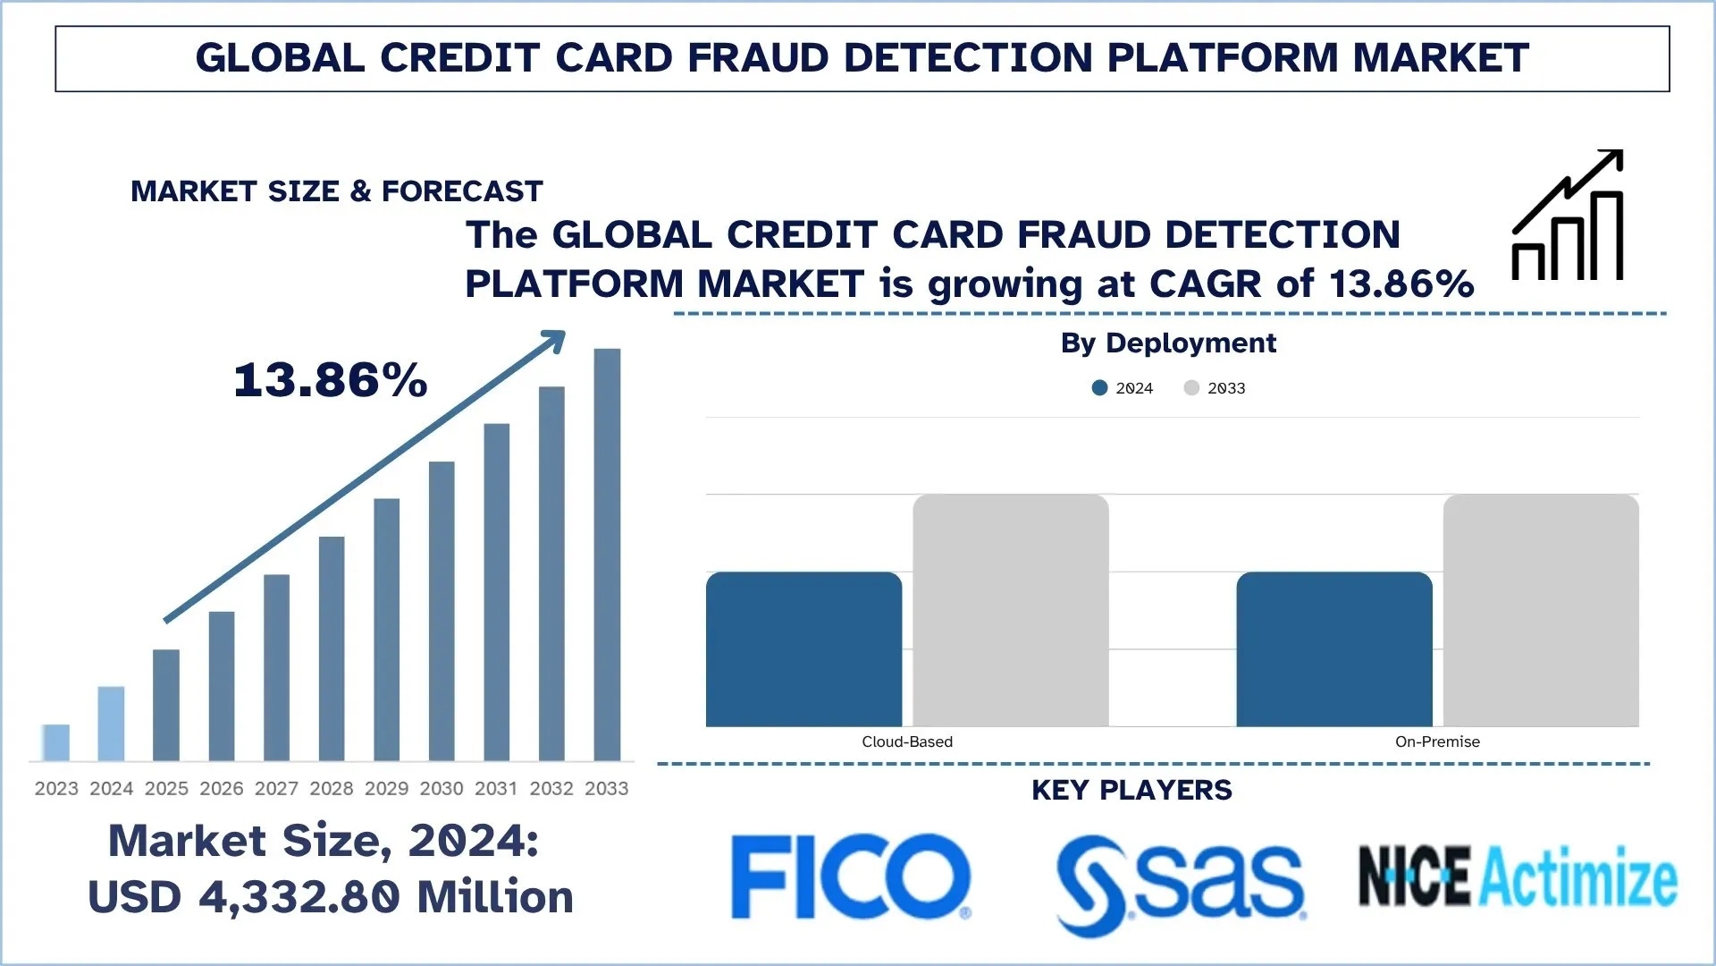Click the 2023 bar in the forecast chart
click(55, 742)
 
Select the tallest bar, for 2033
click(607, 555)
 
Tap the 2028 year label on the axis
click(332, 789)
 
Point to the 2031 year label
click(496, 789)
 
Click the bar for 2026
click(222, 686)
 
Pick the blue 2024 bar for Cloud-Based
click(803, 649)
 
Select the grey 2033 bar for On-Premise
click(1541, 610)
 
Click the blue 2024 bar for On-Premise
click(1334, 649)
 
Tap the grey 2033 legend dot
click(1191, 388)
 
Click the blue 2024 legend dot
click(1100, 388)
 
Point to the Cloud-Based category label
click(907, 741)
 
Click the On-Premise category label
click(1437, 741)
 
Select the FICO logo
click(850, 877)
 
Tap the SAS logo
click(1180, 884)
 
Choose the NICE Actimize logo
click(1518, 877)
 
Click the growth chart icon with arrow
click(1568, 216)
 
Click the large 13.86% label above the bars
click(331, 380)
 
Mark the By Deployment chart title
click(1168, 343)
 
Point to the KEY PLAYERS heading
click(1131, 791)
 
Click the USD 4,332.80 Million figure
click(331, 897)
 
